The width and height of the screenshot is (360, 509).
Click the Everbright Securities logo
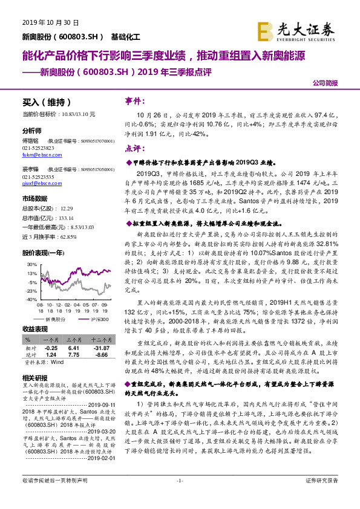304,30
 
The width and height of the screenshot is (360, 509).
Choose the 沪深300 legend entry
96,317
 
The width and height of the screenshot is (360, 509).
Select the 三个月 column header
74,341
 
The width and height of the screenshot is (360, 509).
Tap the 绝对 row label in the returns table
30,355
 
